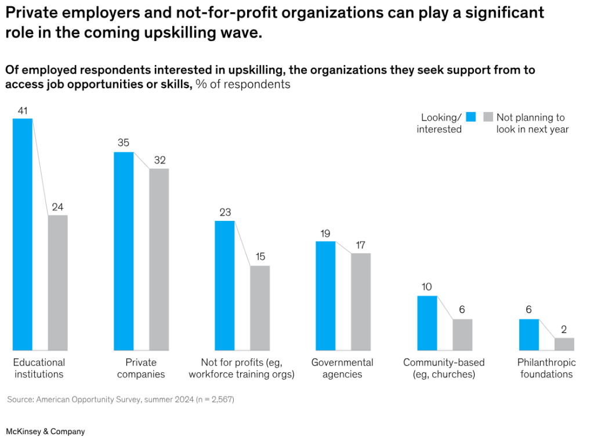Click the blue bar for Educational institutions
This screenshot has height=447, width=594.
(23, 234)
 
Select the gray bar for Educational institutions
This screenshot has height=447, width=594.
(58, 282)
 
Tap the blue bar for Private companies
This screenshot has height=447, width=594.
(124, 251)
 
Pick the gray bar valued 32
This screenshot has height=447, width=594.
(159, 259)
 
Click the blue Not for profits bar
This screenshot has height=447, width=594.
(224, 285)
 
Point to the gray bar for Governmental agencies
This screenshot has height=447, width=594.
(361, 301)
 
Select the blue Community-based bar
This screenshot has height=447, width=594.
(427, 323)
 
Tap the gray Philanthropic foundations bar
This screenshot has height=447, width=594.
(564, 344)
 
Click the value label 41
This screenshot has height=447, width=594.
(23, 110)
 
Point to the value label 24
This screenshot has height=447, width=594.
(58, 207)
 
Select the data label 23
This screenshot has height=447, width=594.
(225, 212)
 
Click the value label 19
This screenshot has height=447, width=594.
(325, 233)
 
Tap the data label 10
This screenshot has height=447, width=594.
(427, 287)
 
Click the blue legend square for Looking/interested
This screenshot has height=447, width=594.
(470, 117)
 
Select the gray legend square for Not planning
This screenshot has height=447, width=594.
(488, 117)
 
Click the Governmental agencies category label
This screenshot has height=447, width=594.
(342, 368)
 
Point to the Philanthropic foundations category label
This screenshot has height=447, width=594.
(546, 368)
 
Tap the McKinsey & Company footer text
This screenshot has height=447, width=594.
(45, 431)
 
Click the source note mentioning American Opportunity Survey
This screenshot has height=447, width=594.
(121, 399)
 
